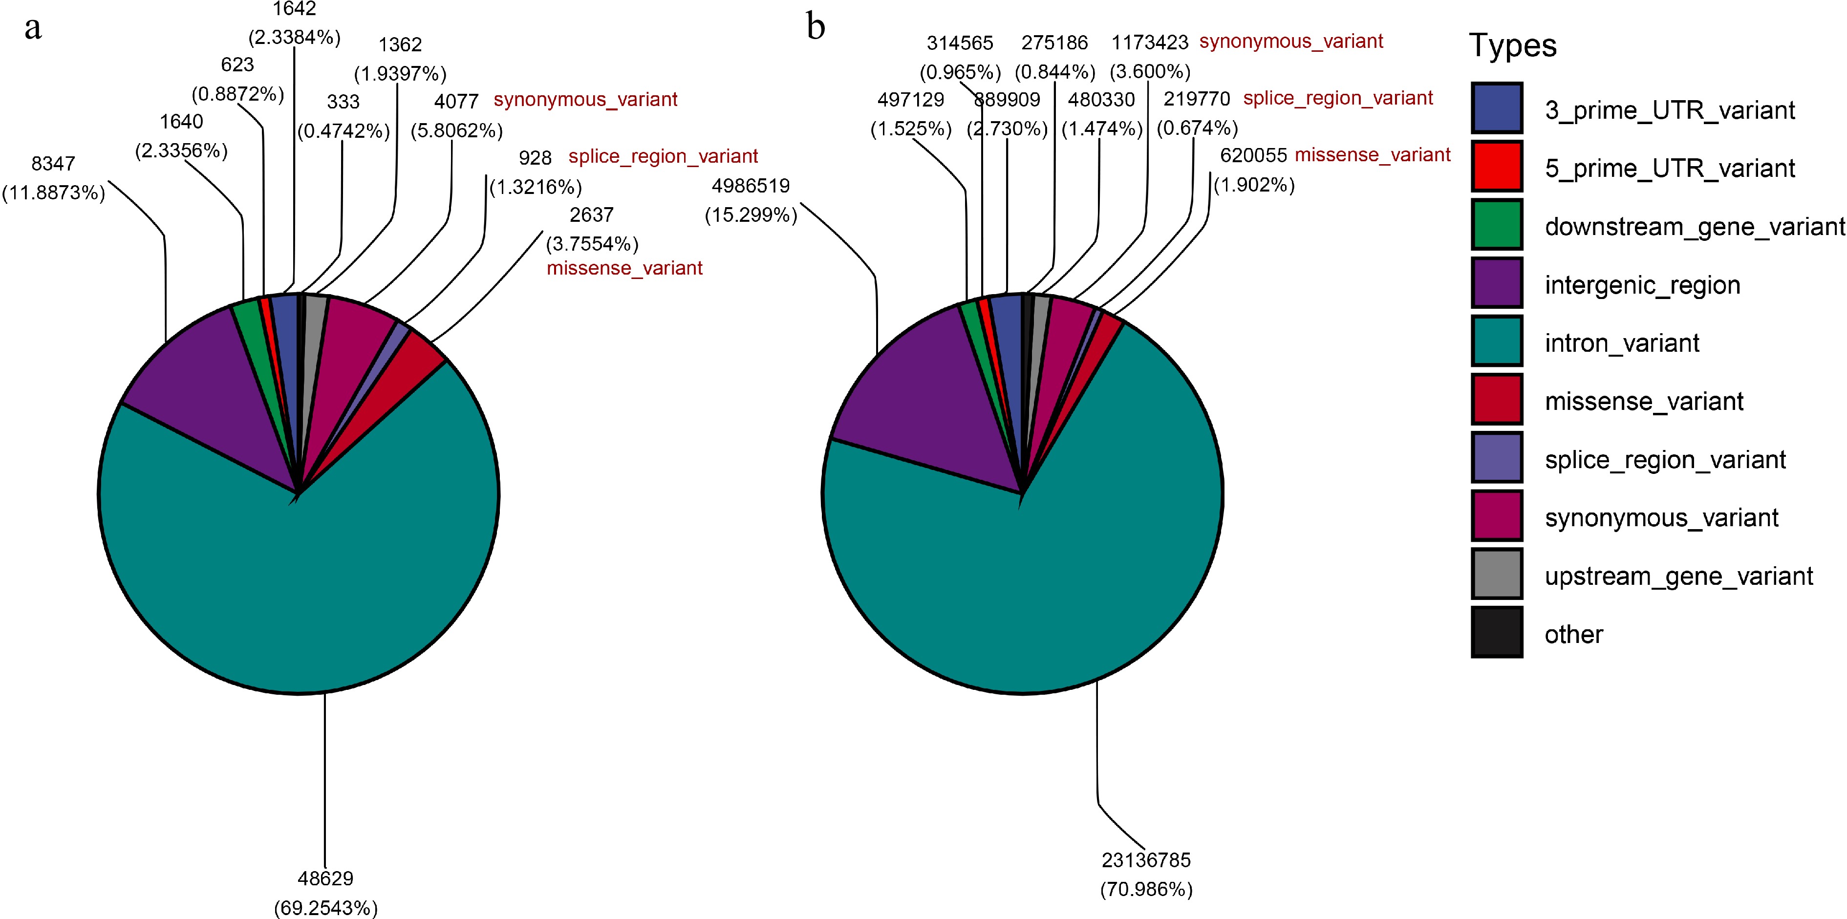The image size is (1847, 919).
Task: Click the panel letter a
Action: click(x=33, y=29)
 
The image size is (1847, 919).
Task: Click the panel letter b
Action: click(x=816, y=27)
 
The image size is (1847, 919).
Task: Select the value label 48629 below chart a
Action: click(x=325, y=878)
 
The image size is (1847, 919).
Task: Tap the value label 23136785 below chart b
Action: click(x=1146, y=859)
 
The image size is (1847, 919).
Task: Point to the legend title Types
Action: click(x=1513, y=46)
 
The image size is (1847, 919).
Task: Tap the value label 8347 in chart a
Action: click(x=53, y=164)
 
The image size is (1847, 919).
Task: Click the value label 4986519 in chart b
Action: click(x=751, y=186)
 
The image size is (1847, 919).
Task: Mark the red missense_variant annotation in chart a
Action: click(x=624, y=268)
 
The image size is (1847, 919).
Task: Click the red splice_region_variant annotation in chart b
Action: click(x=1338, y=98)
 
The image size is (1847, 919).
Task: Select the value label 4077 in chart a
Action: click(x=456, y=102)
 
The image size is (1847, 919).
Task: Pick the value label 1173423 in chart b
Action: click(x=1149, y=43)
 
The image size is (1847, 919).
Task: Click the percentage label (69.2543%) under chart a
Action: click(x=325, y=908)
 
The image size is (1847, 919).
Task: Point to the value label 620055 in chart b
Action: click(x=1253, y=155)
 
